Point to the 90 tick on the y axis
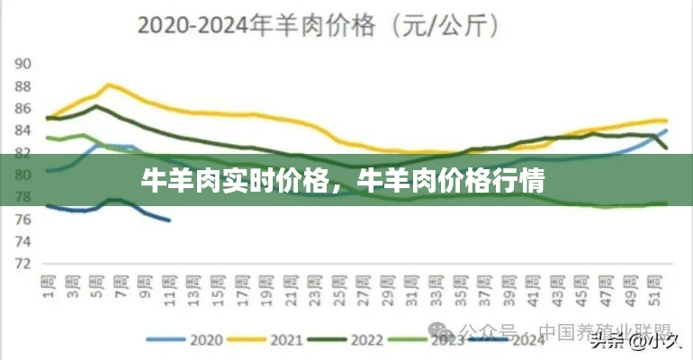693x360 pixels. [23, 64]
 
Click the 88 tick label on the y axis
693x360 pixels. [23, 86]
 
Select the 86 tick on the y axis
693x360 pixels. [23, 108]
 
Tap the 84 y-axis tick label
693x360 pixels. [23, 130]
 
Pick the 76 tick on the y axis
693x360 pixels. [23, 219]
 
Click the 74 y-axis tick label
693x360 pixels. [23, 241]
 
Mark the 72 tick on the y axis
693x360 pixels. [23, 264]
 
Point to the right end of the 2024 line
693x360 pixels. [168, 220]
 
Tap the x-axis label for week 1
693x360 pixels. [49, 285]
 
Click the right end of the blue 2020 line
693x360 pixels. [667, 130]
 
